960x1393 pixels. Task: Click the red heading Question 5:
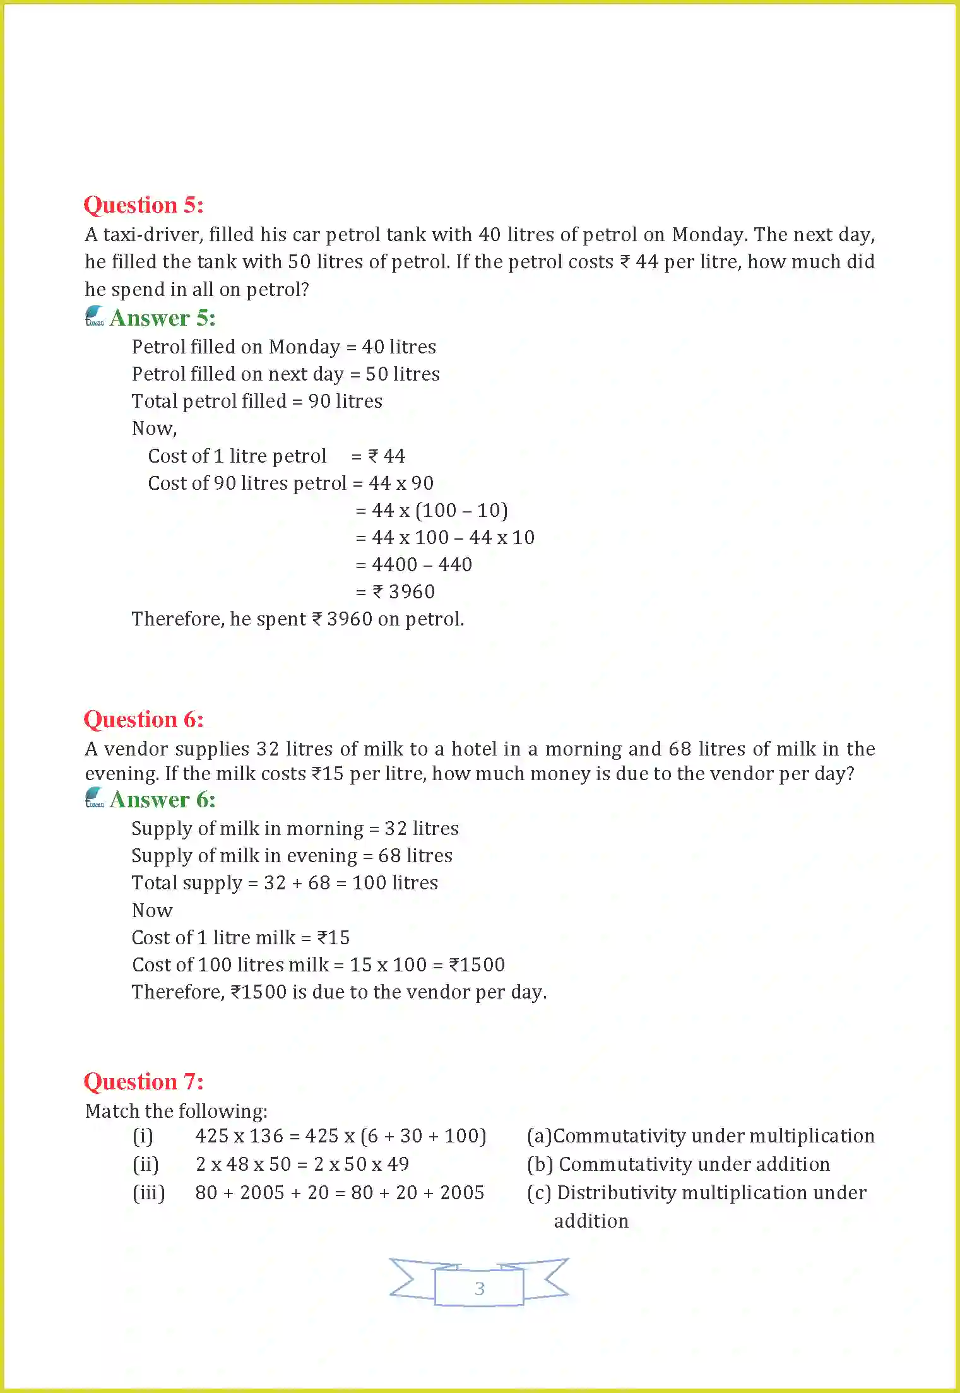[143, 205]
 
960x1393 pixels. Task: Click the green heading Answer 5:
[162, 318]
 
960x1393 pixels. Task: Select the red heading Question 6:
[143, 720]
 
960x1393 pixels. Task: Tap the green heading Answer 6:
[162, 800]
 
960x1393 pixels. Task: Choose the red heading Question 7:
[143, 1082]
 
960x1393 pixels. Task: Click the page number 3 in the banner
[479, 1288]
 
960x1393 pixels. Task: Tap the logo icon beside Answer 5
[95, 316]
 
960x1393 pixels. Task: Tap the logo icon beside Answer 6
[95, 798]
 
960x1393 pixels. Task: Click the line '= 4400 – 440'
[414, 565]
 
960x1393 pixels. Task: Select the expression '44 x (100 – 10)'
[439, 511]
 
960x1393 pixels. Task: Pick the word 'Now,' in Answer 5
[154, 429]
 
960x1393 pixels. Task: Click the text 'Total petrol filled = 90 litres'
[257, 401]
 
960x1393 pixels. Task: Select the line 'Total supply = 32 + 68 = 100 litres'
[285, 883]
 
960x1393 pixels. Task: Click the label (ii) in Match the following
[145, 1165]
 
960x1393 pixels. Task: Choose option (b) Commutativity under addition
[679, 1165]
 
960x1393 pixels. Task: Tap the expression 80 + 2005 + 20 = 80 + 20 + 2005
[340, 1193]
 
